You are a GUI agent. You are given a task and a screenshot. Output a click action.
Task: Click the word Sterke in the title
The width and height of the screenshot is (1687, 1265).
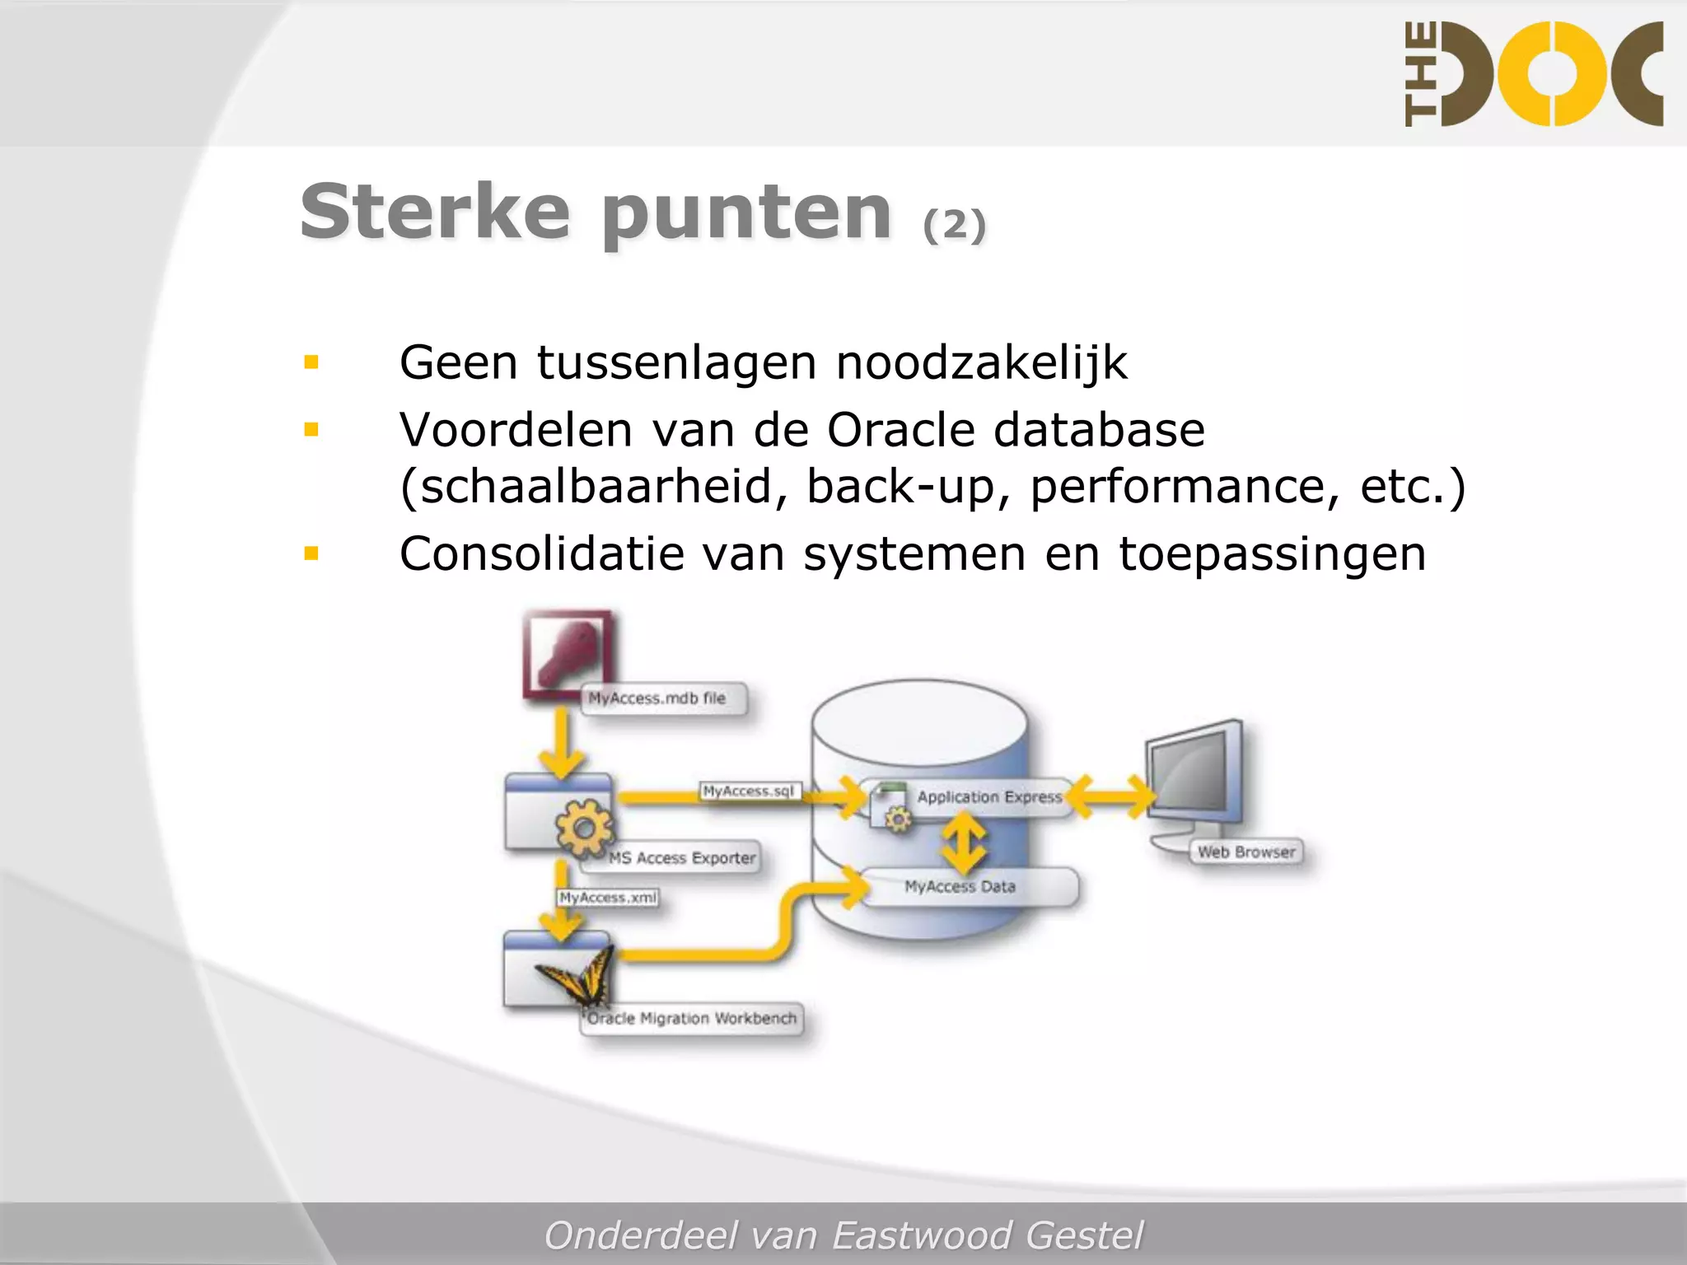click(435, 212)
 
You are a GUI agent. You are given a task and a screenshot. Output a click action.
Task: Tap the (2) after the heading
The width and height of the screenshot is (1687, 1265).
click(954, 225)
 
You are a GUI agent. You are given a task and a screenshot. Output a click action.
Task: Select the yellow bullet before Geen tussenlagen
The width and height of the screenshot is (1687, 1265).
click(311, 362)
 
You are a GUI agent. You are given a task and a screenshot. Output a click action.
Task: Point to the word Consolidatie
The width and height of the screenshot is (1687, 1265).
click(541, 553)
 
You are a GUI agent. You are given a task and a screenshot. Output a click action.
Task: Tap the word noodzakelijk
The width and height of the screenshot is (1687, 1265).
click(981, 362)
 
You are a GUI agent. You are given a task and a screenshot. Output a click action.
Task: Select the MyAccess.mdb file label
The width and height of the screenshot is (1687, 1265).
click(657, 698)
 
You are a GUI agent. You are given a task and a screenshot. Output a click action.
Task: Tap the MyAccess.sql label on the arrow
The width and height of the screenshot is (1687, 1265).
click(748, 791)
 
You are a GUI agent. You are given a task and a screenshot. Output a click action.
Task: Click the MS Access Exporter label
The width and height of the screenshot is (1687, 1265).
click(681, 857)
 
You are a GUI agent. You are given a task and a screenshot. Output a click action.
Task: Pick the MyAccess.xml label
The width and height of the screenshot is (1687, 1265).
click(608, 897)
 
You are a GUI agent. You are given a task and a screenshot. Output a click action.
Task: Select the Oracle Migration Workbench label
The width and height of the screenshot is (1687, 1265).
click(692, 1018)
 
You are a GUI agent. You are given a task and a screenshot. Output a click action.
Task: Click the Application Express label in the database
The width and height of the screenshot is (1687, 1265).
click(988, 796)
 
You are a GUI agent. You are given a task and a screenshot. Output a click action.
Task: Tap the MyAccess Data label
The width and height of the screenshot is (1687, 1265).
click(960, 886)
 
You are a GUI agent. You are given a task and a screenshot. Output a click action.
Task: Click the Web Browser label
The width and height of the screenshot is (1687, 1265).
click(1245, 852)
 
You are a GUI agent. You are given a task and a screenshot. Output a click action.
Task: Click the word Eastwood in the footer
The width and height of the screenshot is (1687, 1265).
click(921, 1235)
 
